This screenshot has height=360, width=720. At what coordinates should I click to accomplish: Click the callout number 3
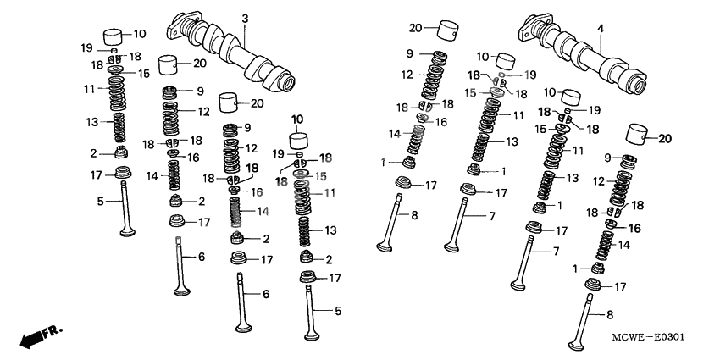coord(245,19)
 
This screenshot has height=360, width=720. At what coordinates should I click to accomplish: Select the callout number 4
coord(601,29)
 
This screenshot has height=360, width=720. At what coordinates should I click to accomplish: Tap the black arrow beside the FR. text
coord(31,338)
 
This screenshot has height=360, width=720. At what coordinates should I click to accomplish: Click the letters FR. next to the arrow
coord(53,329)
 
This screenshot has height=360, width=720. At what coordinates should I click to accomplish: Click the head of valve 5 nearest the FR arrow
coord(128,236)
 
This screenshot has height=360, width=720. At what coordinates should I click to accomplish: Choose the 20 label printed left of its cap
coord(415,28)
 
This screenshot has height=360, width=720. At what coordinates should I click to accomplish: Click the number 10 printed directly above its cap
coord(297,118)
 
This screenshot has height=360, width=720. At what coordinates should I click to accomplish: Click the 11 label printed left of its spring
coord(89,89)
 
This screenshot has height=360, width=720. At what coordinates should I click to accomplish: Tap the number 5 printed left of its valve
coord(99,202)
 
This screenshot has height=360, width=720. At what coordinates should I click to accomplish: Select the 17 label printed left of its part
coord(97,175)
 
